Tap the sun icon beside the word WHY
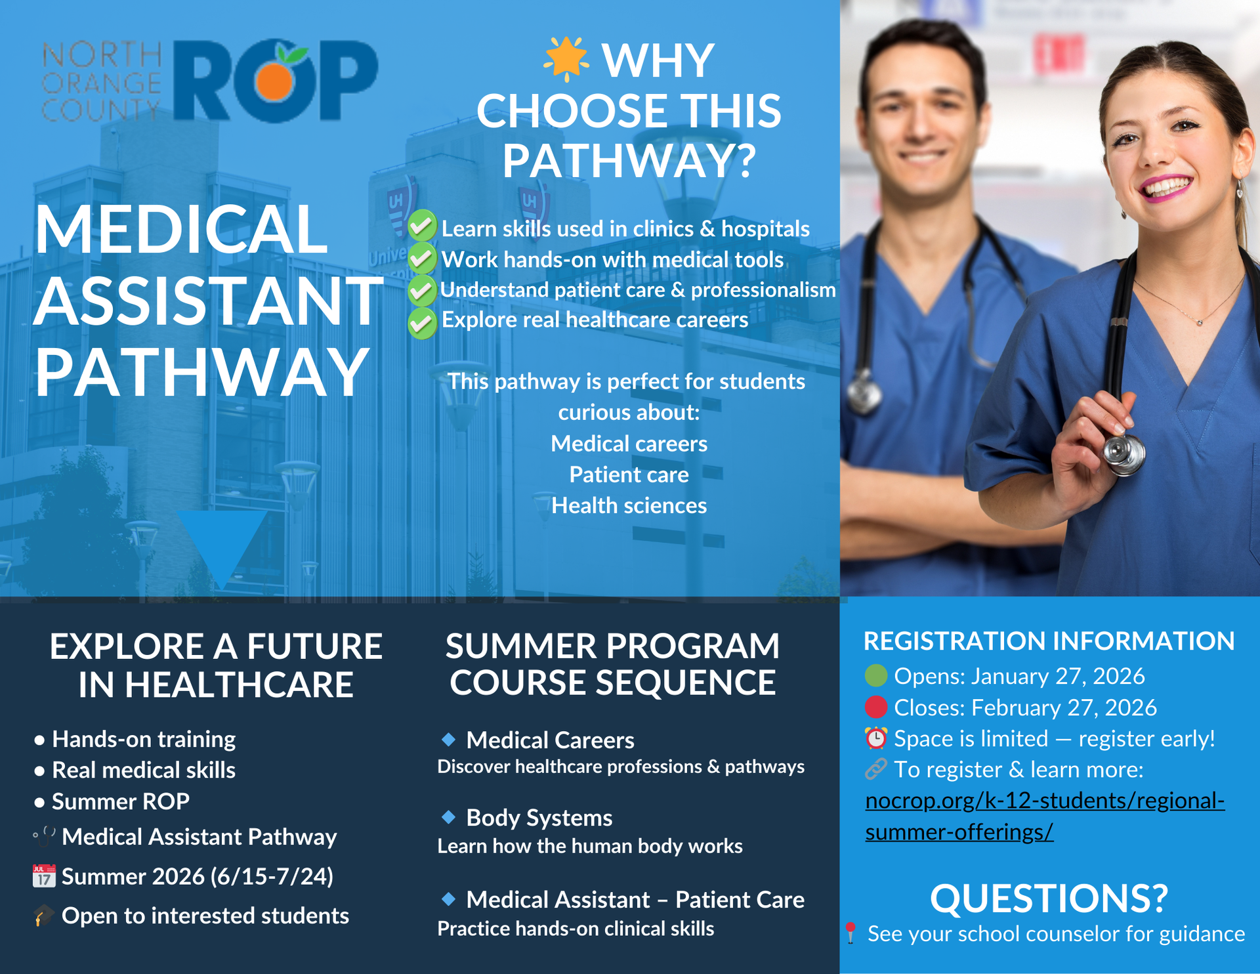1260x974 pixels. pos(566,59)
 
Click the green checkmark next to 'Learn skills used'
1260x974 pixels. pos(422,226)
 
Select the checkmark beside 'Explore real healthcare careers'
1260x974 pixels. pos(422,323)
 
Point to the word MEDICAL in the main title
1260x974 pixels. pos(181,229)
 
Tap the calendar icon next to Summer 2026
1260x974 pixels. pos(44,876)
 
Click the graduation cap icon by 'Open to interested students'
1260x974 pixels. pos(44,916)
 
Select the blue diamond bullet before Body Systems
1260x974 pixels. pos(449,817)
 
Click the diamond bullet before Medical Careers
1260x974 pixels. pos(449,740)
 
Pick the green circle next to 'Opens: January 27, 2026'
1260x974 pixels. pos(876,675)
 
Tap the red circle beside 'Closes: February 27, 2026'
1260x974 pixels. pos(876,707)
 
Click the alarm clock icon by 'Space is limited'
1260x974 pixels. pos(876,738)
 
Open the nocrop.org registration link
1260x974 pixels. pos(1045,816)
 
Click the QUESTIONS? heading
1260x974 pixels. pos(1049,898)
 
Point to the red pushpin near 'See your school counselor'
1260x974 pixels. pos(850,933)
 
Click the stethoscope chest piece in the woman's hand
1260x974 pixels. pos(1123,454)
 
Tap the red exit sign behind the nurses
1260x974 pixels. pos(1059,54)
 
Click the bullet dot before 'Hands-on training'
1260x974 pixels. pos(39,740)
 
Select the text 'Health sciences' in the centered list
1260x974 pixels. pos(629,505)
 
